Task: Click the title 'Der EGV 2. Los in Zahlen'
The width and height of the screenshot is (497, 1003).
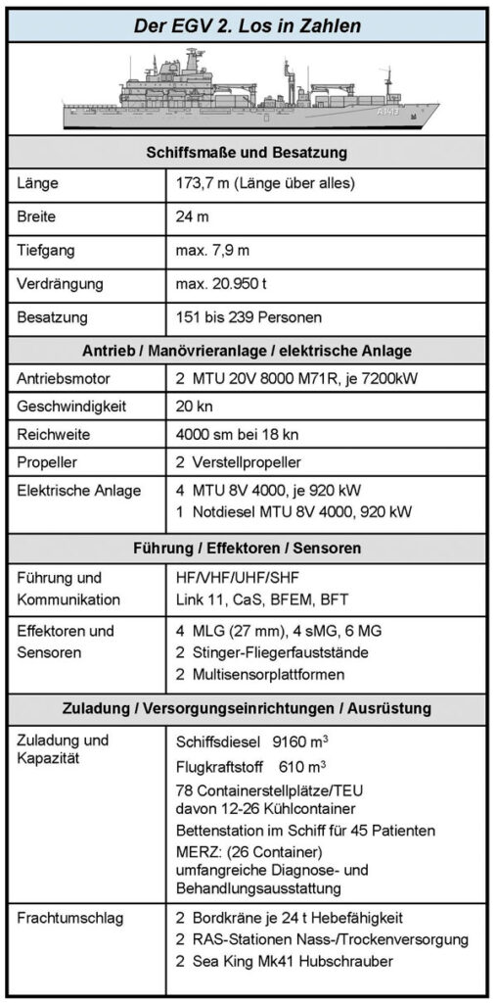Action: tap(248, 24)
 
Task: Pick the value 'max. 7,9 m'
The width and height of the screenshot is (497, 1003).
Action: tap(214, 250)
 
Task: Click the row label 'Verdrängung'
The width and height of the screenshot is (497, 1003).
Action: tap(61, 284)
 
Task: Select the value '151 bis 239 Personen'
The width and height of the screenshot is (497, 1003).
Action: tap(248, 317)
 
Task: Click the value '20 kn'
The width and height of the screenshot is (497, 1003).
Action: tap(192, 406)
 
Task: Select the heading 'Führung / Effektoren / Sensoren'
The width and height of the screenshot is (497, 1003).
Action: tap(248, 546)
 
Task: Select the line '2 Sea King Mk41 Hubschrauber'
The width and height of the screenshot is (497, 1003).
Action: tap(284, 962)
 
